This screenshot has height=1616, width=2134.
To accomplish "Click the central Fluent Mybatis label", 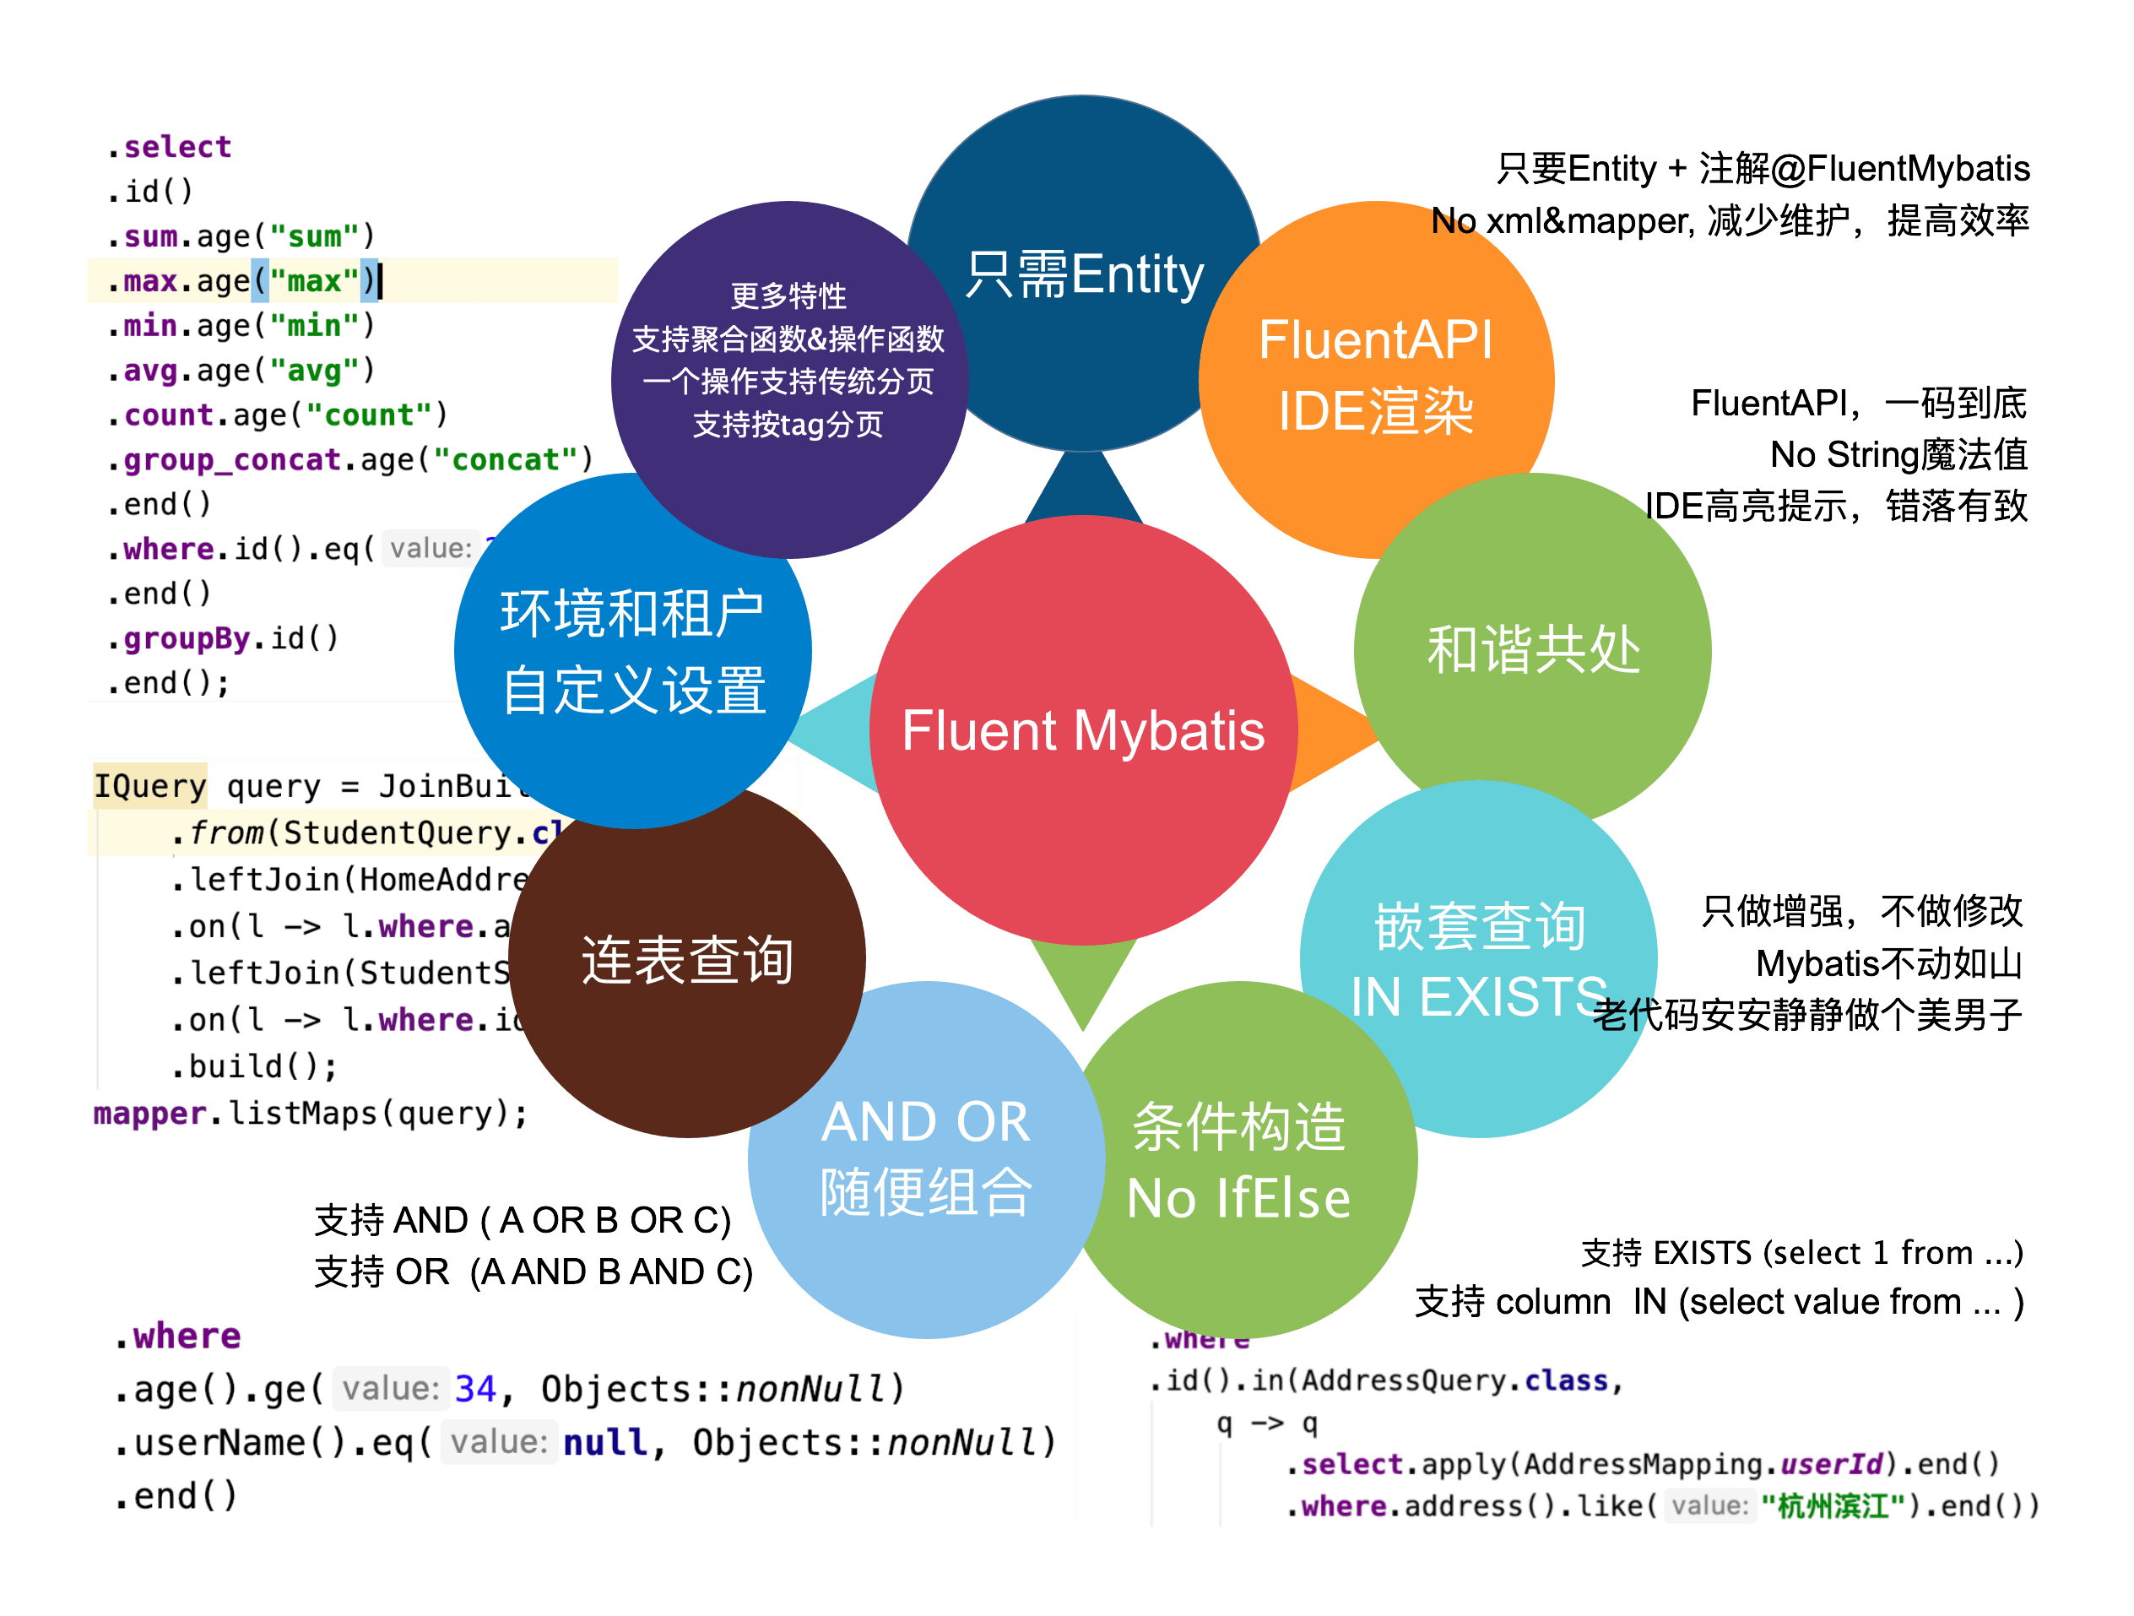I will (1082, 730).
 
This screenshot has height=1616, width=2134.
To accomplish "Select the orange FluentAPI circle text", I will (1375, 340).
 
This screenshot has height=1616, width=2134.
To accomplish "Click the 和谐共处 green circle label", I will (1533, 649).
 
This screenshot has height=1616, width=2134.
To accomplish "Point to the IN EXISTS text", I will (1478, 996).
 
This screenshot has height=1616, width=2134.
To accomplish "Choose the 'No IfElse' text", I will (1238, 1198).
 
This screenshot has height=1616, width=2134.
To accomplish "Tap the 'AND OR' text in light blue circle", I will (925, 1122).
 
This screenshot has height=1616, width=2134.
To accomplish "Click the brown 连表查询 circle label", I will (687, 961).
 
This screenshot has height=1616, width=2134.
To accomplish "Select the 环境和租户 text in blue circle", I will (632, 614).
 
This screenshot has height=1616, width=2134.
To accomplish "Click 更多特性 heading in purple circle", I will (788, 296).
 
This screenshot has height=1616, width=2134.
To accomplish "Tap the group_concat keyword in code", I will (231, 460).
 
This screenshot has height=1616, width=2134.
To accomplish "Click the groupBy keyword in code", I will (187, 638).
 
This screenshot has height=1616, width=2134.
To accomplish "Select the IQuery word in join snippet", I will (149, 786).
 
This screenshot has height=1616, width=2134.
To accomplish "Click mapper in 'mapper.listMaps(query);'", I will (149, 1114).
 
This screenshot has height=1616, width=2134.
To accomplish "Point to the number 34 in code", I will (474, 1388).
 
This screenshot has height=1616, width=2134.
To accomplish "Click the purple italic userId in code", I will (1830, 1465).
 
